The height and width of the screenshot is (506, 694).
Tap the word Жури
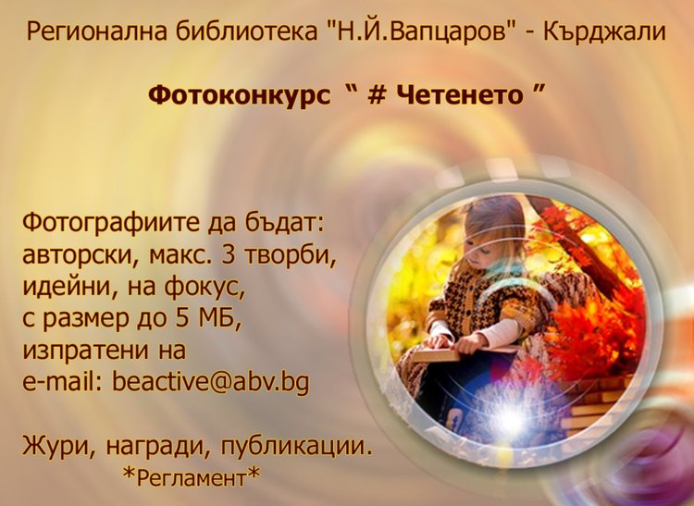tap(55, 449)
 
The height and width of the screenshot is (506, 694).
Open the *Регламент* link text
tap(192, 477)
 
